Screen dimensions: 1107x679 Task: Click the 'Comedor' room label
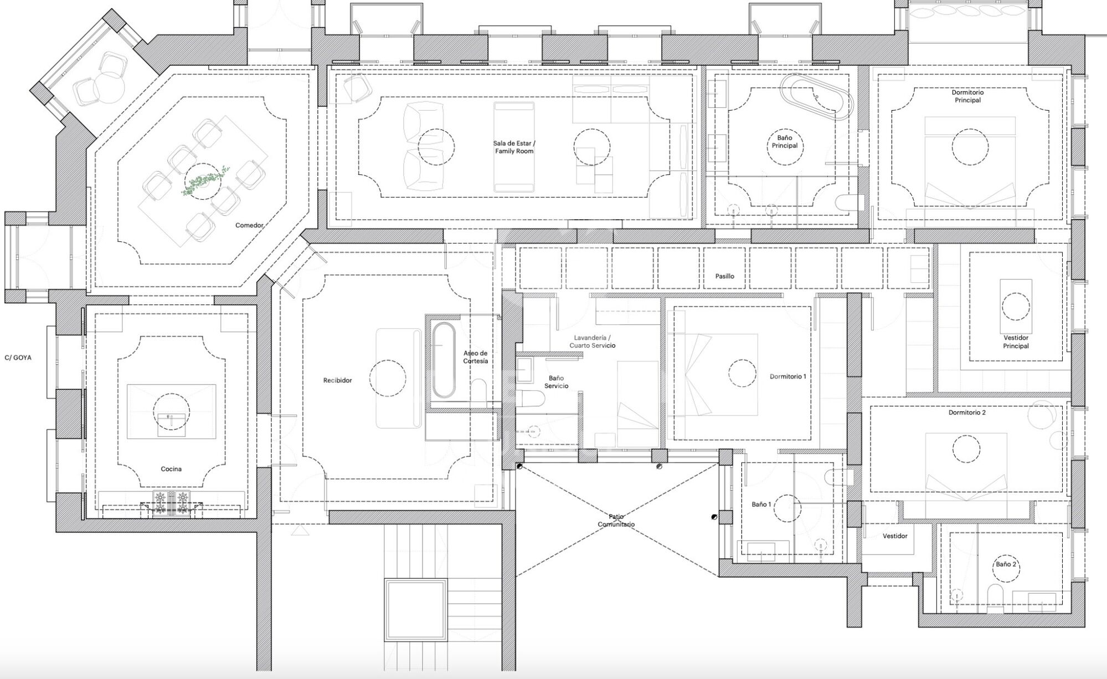click(249, 225)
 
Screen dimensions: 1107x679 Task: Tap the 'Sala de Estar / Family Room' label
click(514, 147)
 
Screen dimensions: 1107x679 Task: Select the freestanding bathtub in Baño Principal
click(815, 97)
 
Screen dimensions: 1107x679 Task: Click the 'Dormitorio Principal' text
click(967, 96)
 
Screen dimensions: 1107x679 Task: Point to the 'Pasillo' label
click(724, 276)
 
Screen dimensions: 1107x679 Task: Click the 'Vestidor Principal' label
click(1016, 342)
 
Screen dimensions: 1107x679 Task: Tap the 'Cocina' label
click(171, 469)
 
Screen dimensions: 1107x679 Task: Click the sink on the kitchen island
click(171, 419)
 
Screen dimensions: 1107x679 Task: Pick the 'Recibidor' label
click(337, 381)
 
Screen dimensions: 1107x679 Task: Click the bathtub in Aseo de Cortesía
click(443, 360)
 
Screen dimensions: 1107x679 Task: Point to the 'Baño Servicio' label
click(556, 382)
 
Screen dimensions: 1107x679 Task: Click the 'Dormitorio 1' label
click(787, 376)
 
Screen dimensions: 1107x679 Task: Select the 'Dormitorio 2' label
click(967, 412)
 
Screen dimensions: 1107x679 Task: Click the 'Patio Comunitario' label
click(616, 520)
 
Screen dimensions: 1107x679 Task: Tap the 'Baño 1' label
click(761, 505)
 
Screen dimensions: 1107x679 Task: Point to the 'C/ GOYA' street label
click(18, 357)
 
